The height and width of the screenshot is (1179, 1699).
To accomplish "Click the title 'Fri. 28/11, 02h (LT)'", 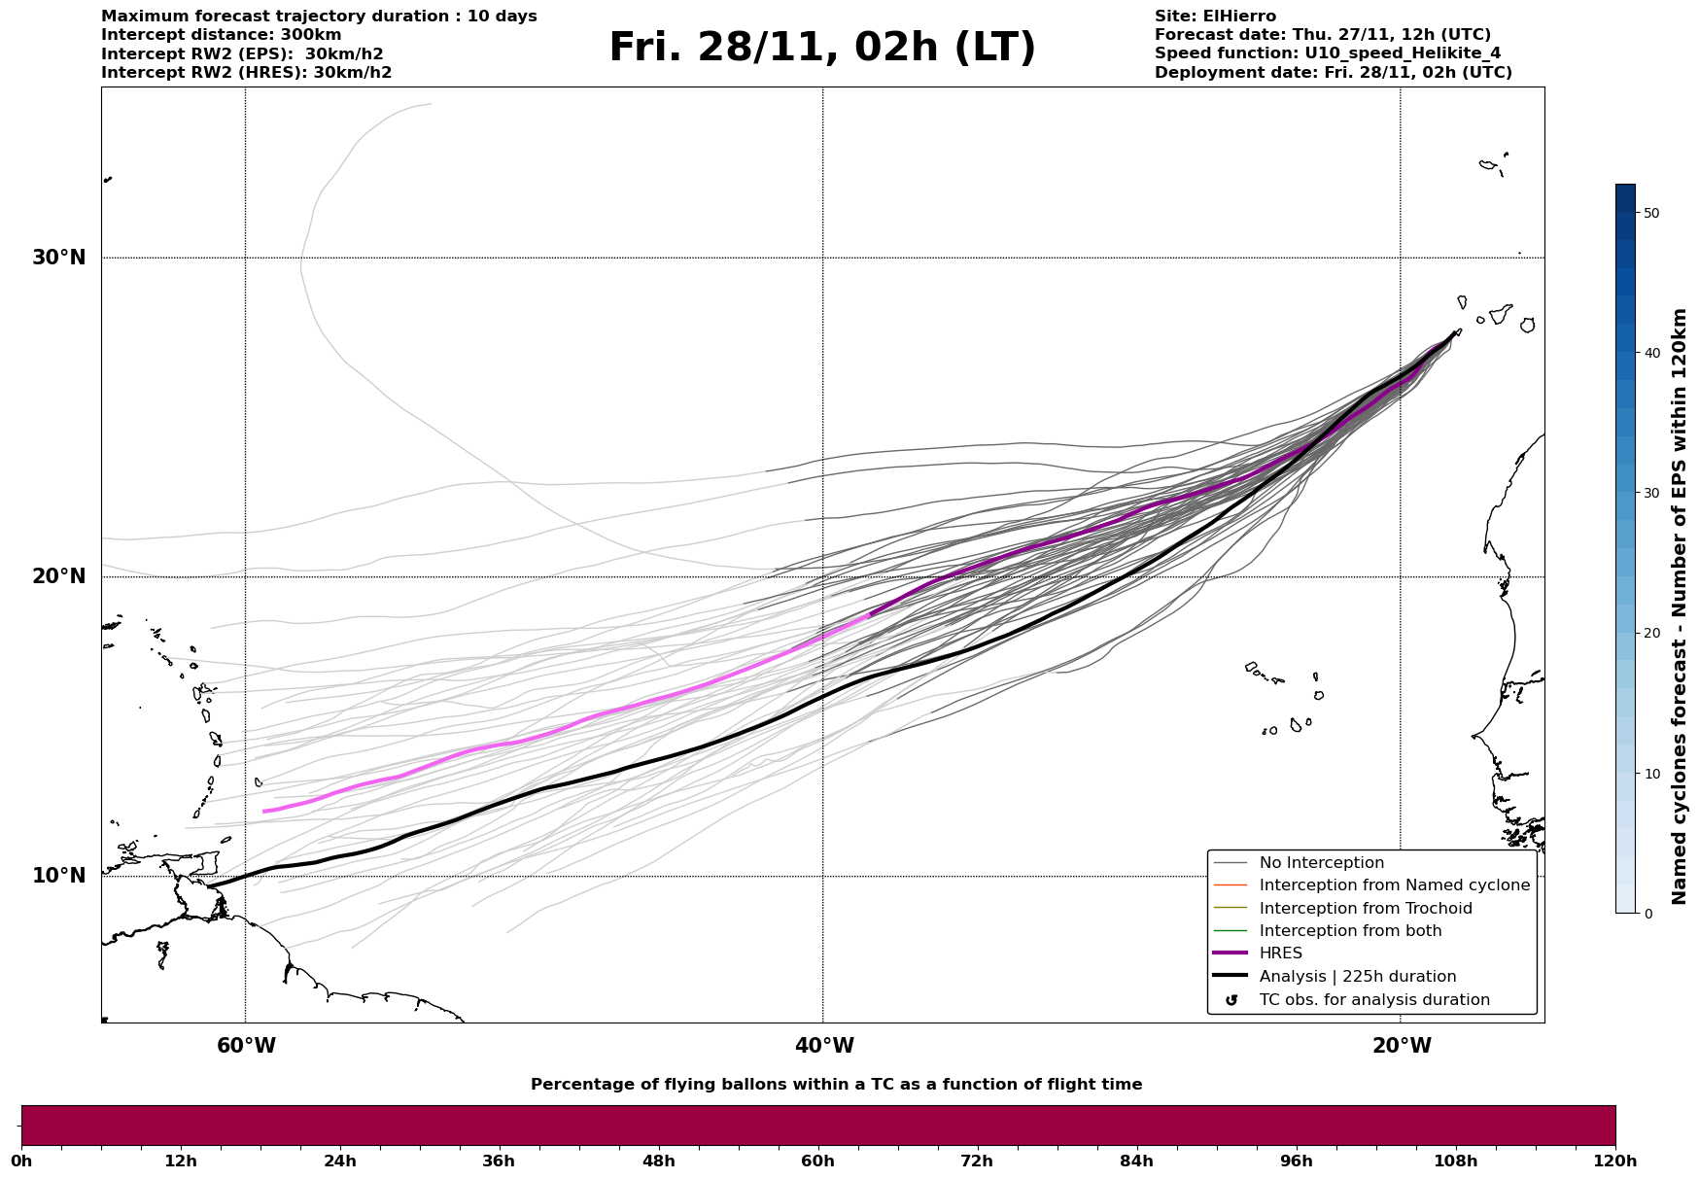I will pyautogui.click(x=822, y=48).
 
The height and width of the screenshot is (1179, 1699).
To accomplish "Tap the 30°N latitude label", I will pyautogui.click(x=59, y=258).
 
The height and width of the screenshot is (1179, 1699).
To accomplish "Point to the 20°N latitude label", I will pyautogui.click(x=59, y=576).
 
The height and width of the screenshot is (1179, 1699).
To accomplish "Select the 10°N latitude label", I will pyautogui.click(x=59, y=876).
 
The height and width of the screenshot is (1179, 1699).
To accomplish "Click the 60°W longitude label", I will pyautogui.click(x=246, y=1046).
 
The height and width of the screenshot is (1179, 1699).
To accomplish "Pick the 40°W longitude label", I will pyautogui.click(x=824, y=1046).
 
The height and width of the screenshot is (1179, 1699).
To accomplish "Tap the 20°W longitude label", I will pyautogui.click(x=1402, y=1046).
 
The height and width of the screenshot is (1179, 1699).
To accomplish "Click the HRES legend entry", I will pyautogui.click(x=1280, y=954).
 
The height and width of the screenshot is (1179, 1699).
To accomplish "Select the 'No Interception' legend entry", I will pyautogui.click(x=1321, y=863).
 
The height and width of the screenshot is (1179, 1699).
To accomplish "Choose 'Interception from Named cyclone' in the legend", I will pyautogui.click(x=1394, y=885).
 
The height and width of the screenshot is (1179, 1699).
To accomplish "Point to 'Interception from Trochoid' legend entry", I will pyautogui.click(x=1365, y=909).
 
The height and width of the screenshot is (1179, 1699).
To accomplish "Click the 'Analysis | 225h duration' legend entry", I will pyautogui.click(x=1357, y=977).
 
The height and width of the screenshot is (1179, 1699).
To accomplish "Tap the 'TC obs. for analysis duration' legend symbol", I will pyautogui.click(x=1231, y=1000).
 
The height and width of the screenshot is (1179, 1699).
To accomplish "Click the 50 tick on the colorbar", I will pyautogui.click(x=1651, y=213).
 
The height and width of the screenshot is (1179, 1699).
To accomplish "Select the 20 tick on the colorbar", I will pyautogui.click(x=1651, y=633).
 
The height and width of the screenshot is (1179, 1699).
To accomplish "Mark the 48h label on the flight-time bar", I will pyautogui.click(x=658, y=1161).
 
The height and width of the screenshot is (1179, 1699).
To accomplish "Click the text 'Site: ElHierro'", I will pyautogui.click(x=1215, y=17).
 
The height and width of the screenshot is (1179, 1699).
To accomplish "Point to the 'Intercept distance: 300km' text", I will pyautogui.click(x=221, y=35).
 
